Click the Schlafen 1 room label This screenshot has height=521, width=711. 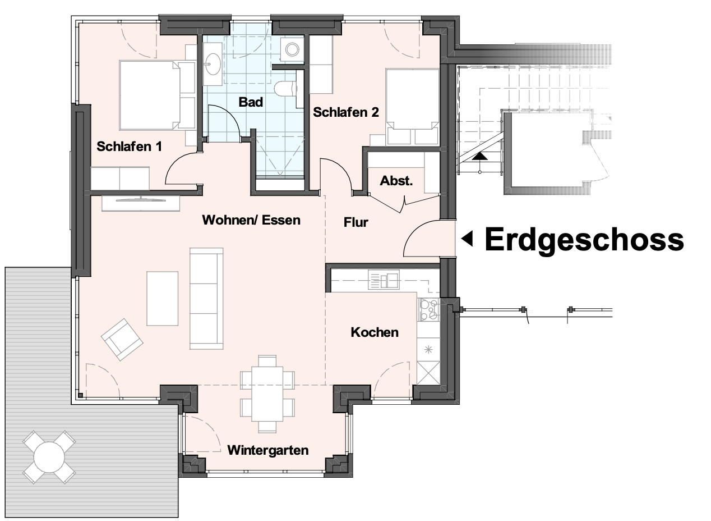129,147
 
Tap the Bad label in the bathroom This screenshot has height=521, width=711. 251,102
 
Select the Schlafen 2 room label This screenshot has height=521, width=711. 345,112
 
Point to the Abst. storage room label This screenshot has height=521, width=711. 396,181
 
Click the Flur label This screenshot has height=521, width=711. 356,222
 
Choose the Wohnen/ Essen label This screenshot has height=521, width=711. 251,220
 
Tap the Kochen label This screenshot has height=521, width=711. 375,332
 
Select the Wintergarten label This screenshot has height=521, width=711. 268,450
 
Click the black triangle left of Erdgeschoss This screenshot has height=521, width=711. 468,239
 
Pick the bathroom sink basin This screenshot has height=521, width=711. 213,64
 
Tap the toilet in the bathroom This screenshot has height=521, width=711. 285,89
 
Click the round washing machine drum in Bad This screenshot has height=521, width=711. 292,49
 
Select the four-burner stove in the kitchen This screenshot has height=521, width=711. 428,309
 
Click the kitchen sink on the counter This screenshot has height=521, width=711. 384,280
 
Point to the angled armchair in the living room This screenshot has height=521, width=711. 122,340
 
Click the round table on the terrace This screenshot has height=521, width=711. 49,457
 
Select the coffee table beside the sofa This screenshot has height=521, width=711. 162,299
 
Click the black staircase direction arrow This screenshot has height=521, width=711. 479,156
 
